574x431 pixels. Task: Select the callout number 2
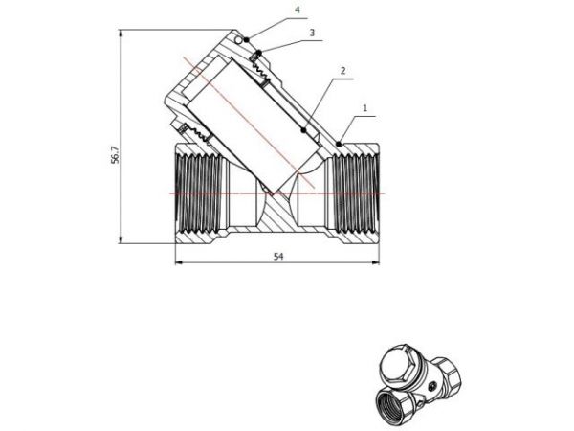tap(342, 71)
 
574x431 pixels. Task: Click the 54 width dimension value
tap(278, 257)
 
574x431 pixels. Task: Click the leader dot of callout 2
tap(305, 129)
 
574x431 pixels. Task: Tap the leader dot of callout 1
tap(340, 144)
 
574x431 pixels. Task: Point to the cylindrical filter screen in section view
tap(253, 120)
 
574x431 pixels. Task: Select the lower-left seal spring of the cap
tap(183, 129)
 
